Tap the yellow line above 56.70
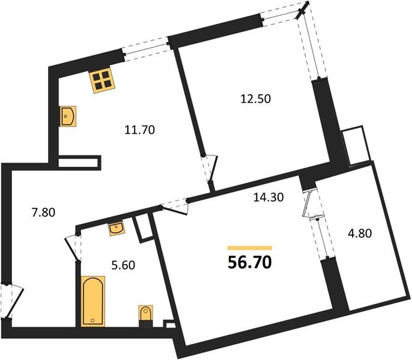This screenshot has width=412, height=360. pyautogui.click(x=249, y=247)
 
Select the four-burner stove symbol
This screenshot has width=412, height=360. pyautogui.click(x=103, y=80)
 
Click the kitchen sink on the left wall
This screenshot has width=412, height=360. pyautogui.click(x=68, y=115)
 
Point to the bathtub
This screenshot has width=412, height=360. pyautogui.click(x=92, y=300)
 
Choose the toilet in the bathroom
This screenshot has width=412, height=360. pyautogui.click(x=145, y=315)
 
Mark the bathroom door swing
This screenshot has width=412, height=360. pyautogui.click(x=73, y=246)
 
